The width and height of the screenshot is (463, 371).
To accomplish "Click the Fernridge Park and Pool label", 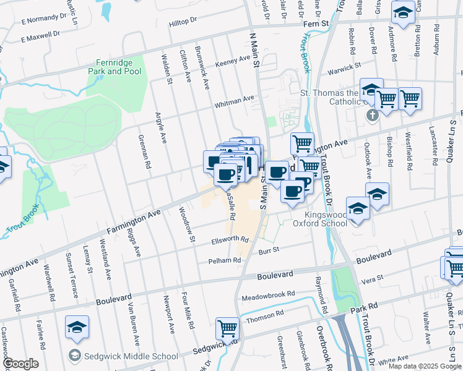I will [x=118, y=67].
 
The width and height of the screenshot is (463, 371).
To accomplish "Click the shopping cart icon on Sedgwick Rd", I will [x=227, y=328].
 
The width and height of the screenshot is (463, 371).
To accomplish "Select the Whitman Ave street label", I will [x=235, y=101].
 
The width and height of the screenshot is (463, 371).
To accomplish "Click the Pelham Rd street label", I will [x=223, y=261].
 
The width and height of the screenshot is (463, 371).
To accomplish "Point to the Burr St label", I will [x=269, y=250].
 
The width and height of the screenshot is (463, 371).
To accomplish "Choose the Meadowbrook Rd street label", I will [x=269, y=295].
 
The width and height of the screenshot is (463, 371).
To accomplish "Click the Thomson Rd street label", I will [x=264, y=314].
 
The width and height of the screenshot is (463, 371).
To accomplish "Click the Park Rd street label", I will [x=363, y=307].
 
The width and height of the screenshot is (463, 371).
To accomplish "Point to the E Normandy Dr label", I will [x=43, y=20].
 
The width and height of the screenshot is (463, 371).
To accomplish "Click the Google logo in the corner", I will [x=20, y=364].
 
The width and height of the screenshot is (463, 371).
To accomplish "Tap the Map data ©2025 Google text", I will [x=424, y=366].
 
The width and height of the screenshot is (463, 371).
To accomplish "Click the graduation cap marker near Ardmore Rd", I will [x=403, y=13].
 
